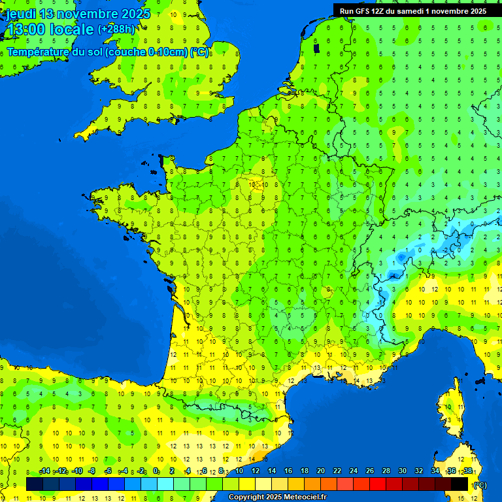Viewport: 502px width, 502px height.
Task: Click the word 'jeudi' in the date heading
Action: coord(21,14)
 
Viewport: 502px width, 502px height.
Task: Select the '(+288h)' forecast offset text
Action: coord(116,29)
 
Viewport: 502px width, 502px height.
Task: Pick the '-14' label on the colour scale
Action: coord(45,471)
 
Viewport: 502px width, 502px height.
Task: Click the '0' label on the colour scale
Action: coord(156,471)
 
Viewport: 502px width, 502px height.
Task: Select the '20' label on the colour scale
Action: coord(320,471)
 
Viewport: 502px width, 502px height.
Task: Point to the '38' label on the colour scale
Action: coord(468,471)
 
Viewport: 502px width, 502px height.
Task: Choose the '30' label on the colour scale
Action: coord(402,471)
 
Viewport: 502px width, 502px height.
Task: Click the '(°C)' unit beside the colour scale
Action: coord(479,485)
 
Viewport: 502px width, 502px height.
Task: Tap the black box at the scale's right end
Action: coord(460,484)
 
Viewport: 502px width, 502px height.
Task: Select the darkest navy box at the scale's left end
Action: coord(34,484)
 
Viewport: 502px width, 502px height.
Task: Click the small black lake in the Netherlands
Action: coord(316,48)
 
